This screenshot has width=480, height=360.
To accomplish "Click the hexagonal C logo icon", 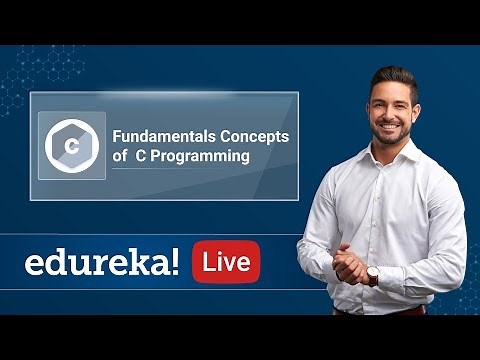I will [71, 146].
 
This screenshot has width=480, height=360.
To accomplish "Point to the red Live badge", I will [226, 262].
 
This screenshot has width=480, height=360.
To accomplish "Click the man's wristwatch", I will [371, 274].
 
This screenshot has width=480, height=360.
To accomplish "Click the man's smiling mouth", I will [391, 127].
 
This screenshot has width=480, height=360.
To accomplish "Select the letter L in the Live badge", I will [208, 262].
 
